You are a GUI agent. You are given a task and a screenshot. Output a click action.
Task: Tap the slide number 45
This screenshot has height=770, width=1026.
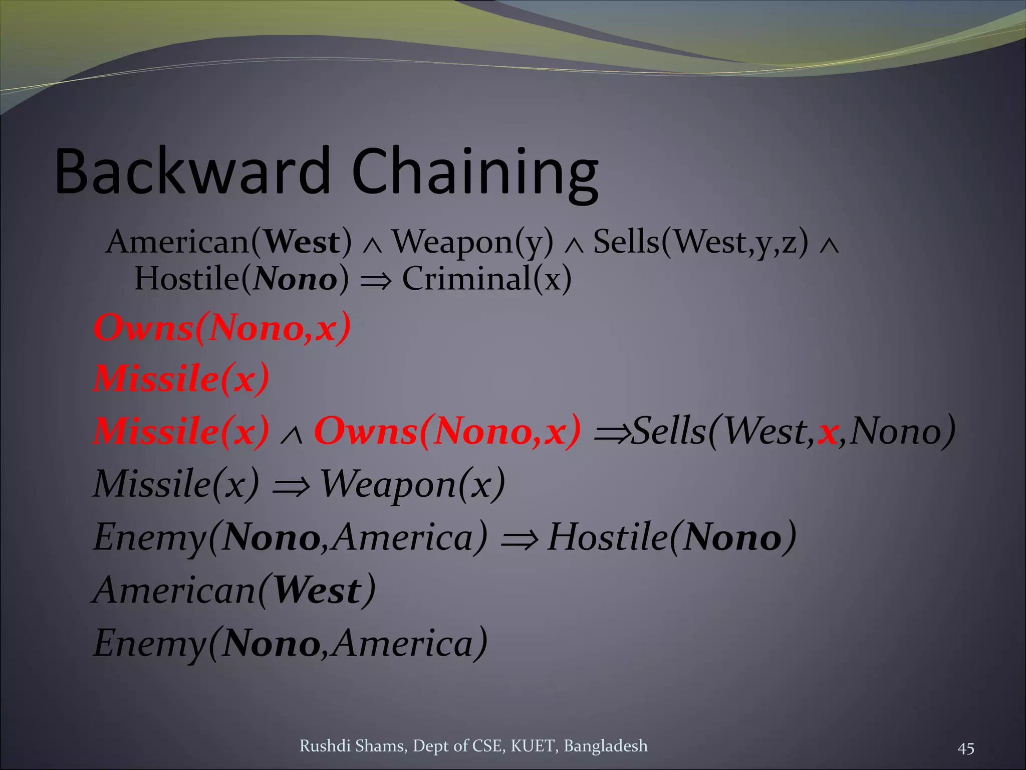click(965, 748)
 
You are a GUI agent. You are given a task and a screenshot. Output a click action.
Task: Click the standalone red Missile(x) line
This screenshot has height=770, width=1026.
click(181, 378)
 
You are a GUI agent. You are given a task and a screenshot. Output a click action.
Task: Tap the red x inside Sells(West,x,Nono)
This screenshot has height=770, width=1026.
click(828, 433)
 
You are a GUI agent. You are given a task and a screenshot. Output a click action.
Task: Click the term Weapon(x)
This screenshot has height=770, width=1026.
click(412, 485)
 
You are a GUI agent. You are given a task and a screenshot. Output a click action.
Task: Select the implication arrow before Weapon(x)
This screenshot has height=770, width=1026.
click(291, 486)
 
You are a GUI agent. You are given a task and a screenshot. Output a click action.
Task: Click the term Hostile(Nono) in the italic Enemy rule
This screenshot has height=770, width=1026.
click(671, 537)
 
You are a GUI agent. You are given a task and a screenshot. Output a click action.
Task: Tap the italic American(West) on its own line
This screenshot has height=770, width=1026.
click(234, 591)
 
